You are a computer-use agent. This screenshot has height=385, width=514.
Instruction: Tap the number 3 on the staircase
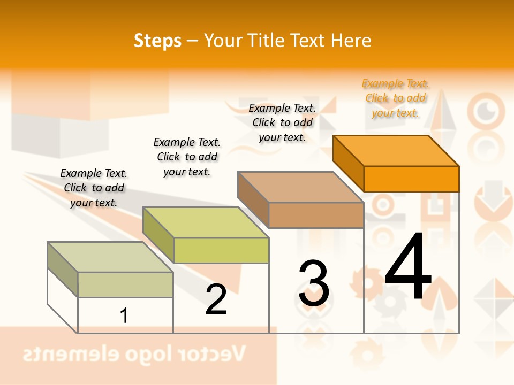(314, 283)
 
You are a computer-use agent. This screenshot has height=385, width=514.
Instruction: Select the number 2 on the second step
(216, 299)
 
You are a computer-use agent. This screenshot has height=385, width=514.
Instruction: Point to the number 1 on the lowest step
(124, 315)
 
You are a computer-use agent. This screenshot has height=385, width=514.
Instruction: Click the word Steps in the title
(157, 41)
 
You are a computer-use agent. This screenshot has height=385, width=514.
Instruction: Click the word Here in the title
(351, 41)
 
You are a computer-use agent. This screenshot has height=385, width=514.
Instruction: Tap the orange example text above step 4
(395, 98)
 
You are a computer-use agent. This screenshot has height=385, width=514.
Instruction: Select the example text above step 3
(282, 122)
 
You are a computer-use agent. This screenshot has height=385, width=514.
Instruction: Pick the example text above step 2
(186, 157)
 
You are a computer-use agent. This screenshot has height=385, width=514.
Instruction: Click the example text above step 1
(94, 188)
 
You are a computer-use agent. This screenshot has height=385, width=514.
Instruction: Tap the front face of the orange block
(411, 179)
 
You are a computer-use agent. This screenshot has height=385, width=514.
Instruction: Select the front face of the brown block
(316, 215)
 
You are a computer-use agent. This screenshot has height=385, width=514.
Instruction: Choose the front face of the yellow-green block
(221, 250)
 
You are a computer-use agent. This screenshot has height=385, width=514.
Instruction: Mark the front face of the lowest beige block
(125, 284)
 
